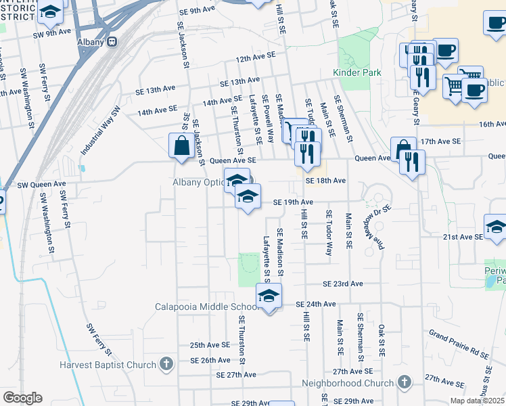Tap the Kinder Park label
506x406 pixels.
357,72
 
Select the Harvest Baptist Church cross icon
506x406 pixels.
166,364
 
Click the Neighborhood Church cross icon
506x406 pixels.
405,382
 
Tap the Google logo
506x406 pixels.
22,398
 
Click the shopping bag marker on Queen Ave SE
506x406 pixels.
182,146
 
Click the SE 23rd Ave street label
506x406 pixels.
343,284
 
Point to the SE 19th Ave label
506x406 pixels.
293,202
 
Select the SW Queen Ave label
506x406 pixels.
41,184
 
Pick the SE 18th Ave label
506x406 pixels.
325,181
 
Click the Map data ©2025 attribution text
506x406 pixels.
477,400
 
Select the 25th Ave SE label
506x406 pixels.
210,345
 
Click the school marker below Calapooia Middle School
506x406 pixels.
269,296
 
